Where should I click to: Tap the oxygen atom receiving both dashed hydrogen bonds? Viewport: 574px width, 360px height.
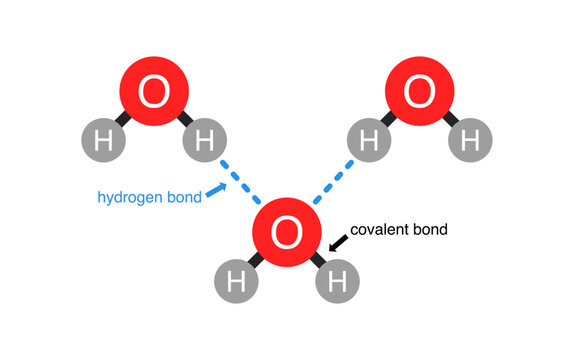(286, 234)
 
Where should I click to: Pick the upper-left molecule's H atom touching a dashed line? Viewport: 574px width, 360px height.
(204, 142)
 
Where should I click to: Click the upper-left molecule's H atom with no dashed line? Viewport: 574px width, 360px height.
(102, 142)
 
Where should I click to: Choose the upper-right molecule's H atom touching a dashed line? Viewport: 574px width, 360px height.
(368, 142)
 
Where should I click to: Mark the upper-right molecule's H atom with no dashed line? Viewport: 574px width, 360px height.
(471, 142)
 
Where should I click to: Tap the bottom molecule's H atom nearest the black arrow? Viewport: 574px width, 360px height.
(337, 283)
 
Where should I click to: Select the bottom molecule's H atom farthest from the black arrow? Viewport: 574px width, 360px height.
(235, 283)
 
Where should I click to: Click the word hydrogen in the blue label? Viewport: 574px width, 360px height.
(133, 197)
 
